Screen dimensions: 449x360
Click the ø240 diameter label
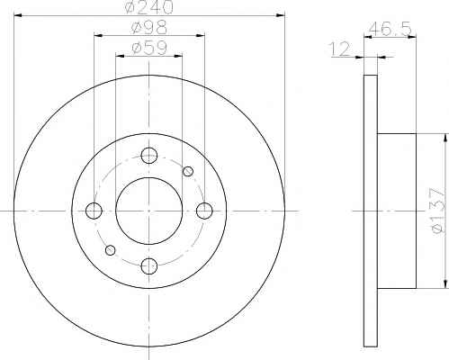[149, 6]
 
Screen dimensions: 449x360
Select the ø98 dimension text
[149, 27]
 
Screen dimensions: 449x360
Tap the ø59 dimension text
[149, 48]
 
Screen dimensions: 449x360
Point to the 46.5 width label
[390, 29]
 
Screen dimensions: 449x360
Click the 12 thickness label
[340, 49]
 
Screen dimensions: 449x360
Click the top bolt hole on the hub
[149, 156]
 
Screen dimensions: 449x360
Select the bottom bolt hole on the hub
[149, 266]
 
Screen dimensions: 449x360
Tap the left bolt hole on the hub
[94, 211]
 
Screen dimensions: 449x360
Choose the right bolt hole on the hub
[204, 211]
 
